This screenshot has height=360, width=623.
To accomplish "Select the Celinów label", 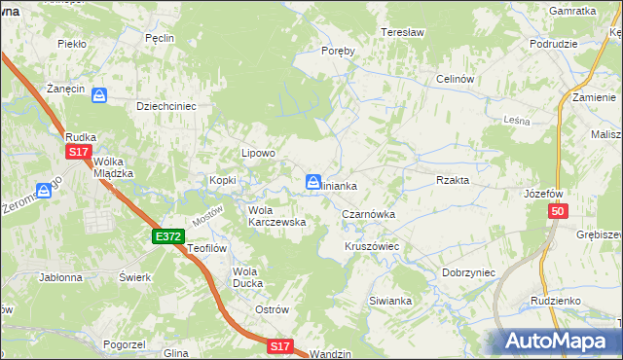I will [454, 79].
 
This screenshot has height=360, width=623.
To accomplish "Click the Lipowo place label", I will [259, 153].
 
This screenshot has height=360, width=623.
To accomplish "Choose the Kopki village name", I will [223, 180].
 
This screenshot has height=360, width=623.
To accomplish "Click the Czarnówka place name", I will [367, 213].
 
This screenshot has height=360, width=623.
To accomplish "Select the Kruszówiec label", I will [372, 247].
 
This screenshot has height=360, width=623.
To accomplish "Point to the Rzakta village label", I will [453, 180].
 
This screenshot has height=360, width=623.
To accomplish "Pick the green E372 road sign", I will [167, 236].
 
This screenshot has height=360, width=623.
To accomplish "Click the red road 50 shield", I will [557, 212].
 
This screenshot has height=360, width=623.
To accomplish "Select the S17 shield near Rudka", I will [79, 153].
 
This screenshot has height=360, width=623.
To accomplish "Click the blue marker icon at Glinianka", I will [313, 182].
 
